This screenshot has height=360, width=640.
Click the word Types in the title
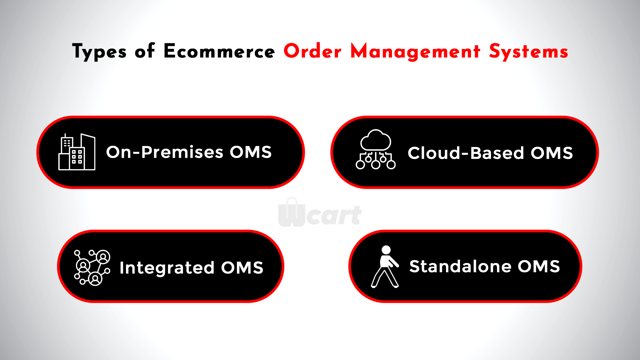coord(99,52)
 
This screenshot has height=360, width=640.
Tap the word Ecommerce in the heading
coord(219,51)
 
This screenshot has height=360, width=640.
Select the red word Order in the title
coord(313,51)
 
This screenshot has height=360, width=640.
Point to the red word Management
coord(415,52)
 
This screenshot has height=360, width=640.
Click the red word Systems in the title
coord(529,52)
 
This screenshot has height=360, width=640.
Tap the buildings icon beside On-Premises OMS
coord(77,152)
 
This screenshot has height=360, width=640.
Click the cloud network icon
coord(376,149)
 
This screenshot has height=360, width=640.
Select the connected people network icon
coord(92,268)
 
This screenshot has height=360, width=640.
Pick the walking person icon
coord(385,267)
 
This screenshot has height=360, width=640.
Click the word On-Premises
coord(165,152)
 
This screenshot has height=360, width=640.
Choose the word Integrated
coord(167,268)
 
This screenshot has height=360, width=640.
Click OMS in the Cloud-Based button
coord(552,153)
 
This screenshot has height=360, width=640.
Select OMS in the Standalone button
coord(539,267)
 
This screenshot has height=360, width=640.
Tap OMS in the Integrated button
coord(242,268)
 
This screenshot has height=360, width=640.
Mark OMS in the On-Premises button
coord(251,152)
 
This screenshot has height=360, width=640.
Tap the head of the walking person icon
coord(386,250)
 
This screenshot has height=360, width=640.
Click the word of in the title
coord(145,51)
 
